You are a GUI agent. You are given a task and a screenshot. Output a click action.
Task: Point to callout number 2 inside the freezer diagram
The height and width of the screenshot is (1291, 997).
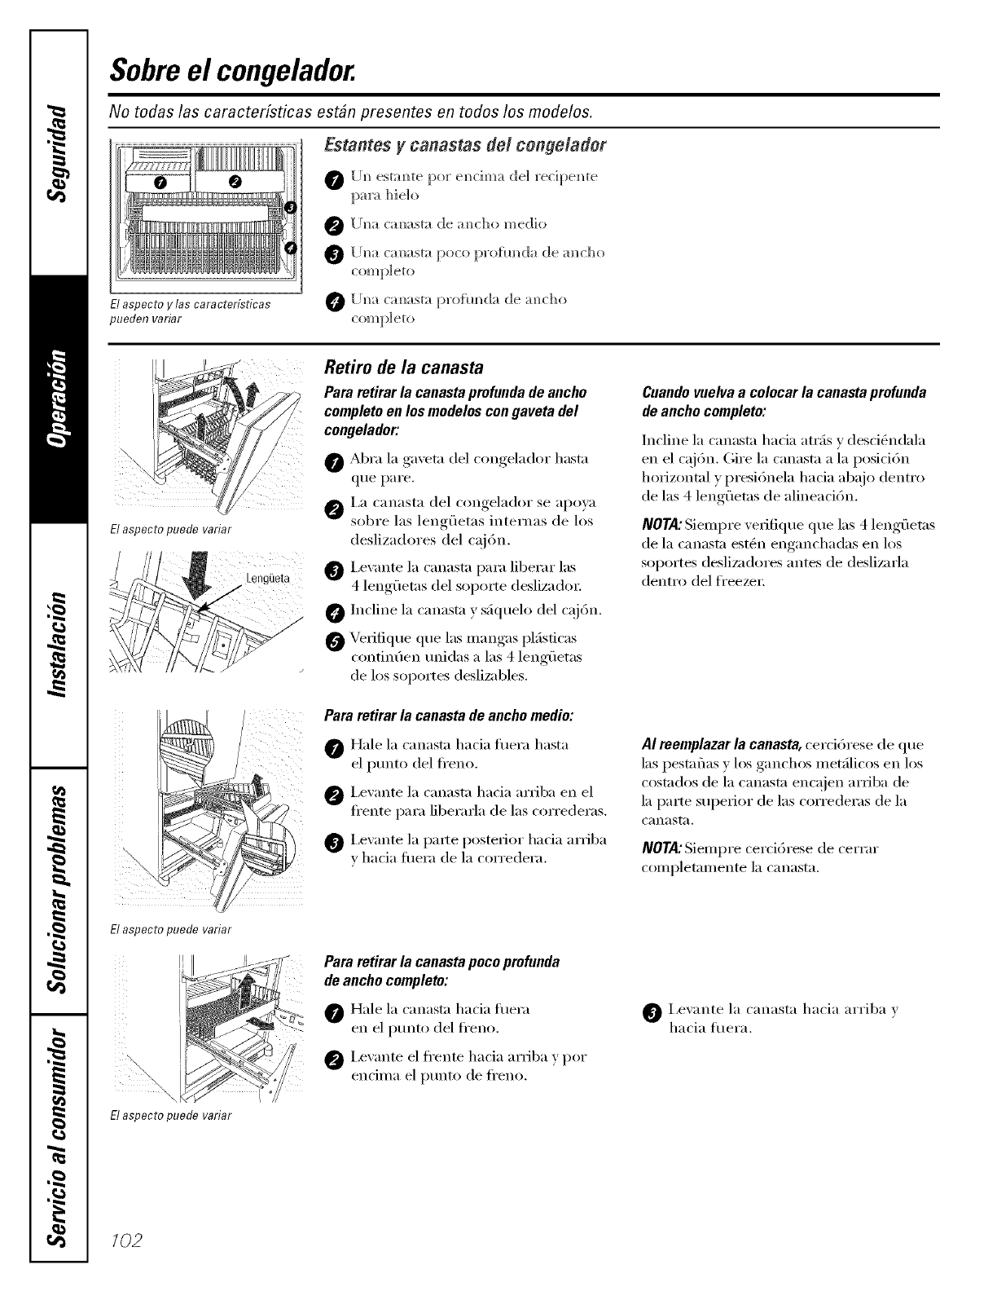[235, 181]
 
